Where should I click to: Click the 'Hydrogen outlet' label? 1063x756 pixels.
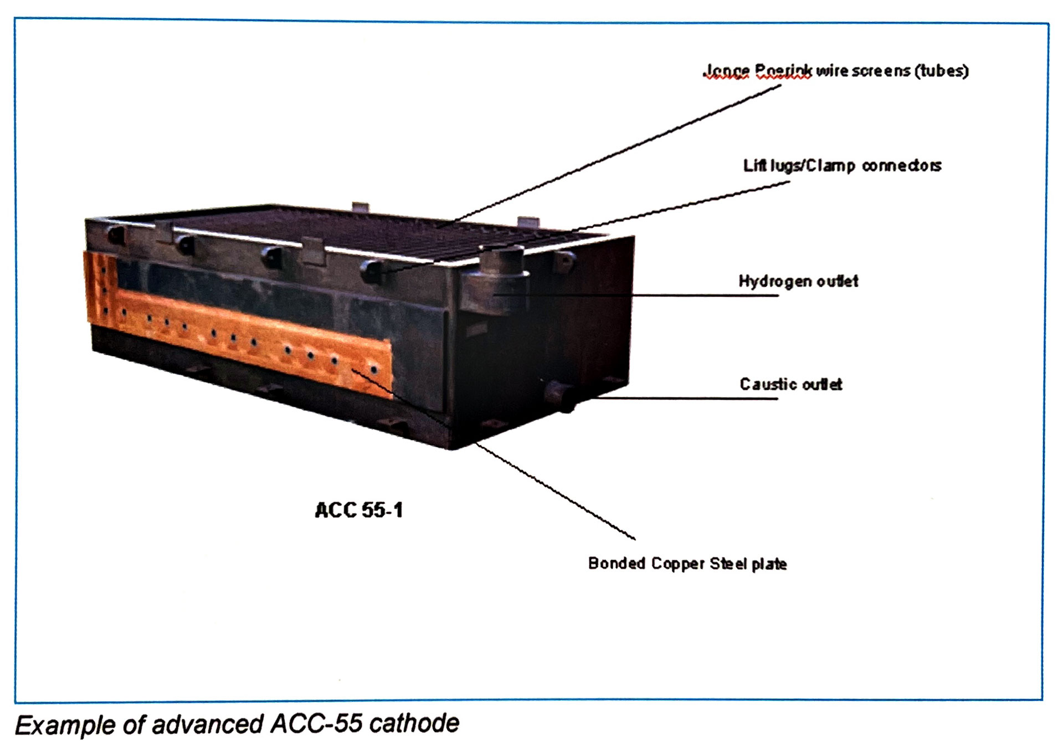pyautogui.click(x=798, y=281)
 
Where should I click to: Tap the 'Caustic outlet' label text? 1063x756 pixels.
pyautogui.click(x=790, y=384)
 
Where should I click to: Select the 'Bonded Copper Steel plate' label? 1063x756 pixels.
pyautogui.click(x=687, y=564)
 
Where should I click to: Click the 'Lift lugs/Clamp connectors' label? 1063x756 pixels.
pyautogui.click(x=842, y=166)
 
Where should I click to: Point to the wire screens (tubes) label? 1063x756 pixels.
pyautogui.click(x=836, y=71)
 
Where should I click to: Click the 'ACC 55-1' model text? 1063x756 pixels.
pyautogui.click(x=359, y=510)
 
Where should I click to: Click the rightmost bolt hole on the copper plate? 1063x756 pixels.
pyautogui.click(x=374, y=369)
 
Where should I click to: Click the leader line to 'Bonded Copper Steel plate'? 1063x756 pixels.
pyautogui.click(x=554, y=491)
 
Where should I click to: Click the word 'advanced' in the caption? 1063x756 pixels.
pyautogui.click(x=209, y=724)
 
